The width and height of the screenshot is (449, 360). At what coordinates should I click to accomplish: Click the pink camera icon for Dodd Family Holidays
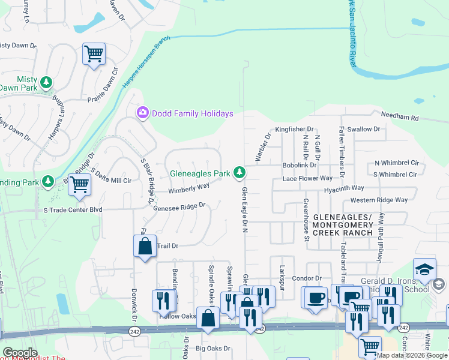(143, 113)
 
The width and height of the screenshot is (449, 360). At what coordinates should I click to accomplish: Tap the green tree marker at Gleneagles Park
(240, 173)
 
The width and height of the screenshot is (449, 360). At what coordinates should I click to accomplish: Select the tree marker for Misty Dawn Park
(46, 82)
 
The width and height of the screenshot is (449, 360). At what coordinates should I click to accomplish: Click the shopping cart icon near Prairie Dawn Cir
(94, 54)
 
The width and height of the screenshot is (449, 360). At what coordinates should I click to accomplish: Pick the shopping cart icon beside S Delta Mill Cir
(79, 185)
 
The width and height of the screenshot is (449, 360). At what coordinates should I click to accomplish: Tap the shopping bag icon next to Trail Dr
(145, 246)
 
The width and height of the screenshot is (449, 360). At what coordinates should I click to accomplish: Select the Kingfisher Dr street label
(295, 129)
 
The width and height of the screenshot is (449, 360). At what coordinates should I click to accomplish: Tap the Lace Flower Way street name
(307, 178)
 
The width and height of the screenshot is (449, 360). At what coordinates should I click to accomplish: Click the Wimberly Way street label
(188, 188)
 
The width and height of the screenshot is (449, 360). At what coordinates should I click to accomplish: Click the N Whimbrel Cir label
(396, 163)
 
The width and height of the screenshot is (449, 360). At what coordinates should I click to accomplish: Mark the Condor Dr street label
(307, 278)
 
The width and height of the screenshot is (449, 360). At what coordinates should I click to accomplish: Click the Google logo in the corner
(20, 353)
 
